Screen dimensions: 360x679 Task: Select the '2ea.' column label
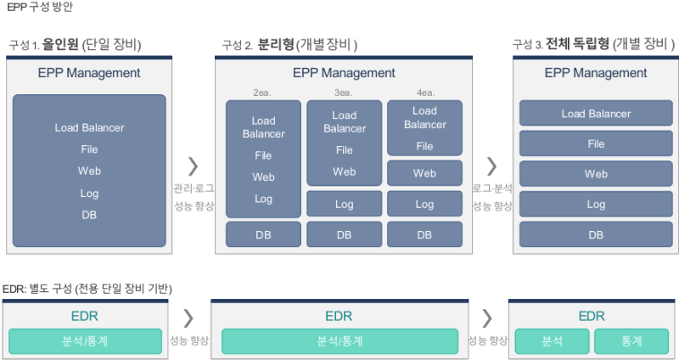coord(263,92)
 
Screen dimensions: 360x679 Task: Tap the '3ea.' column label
coord(344,92)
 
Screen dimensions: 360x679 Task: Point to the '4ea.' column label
coord(424,92)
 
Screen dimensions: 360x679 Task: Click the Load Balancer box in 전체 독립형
coord(596,114)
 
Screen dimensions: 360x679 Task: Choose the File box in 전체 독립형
coord(596,143)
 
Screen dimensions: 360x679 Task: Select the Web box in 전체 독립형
coord(596,174)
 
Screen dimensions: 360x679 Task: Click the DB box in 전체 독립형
coord(596,234)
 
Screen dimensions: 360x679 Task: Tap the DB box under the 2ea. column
coord(263,234)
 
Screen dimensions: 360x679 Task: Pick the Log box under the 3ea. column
coord(344,205)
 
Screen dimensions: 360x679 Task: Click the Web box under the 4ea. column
coord(424,173)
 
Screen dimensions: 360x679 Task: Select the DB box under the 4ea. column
coord(424,234)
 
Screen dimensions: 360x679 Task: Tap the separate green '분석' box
coord(552,341)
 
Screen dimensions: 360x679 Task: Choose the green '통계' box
coord(631,341)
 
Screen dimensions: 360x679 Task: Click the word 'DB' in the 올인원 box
coord(89,215)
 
